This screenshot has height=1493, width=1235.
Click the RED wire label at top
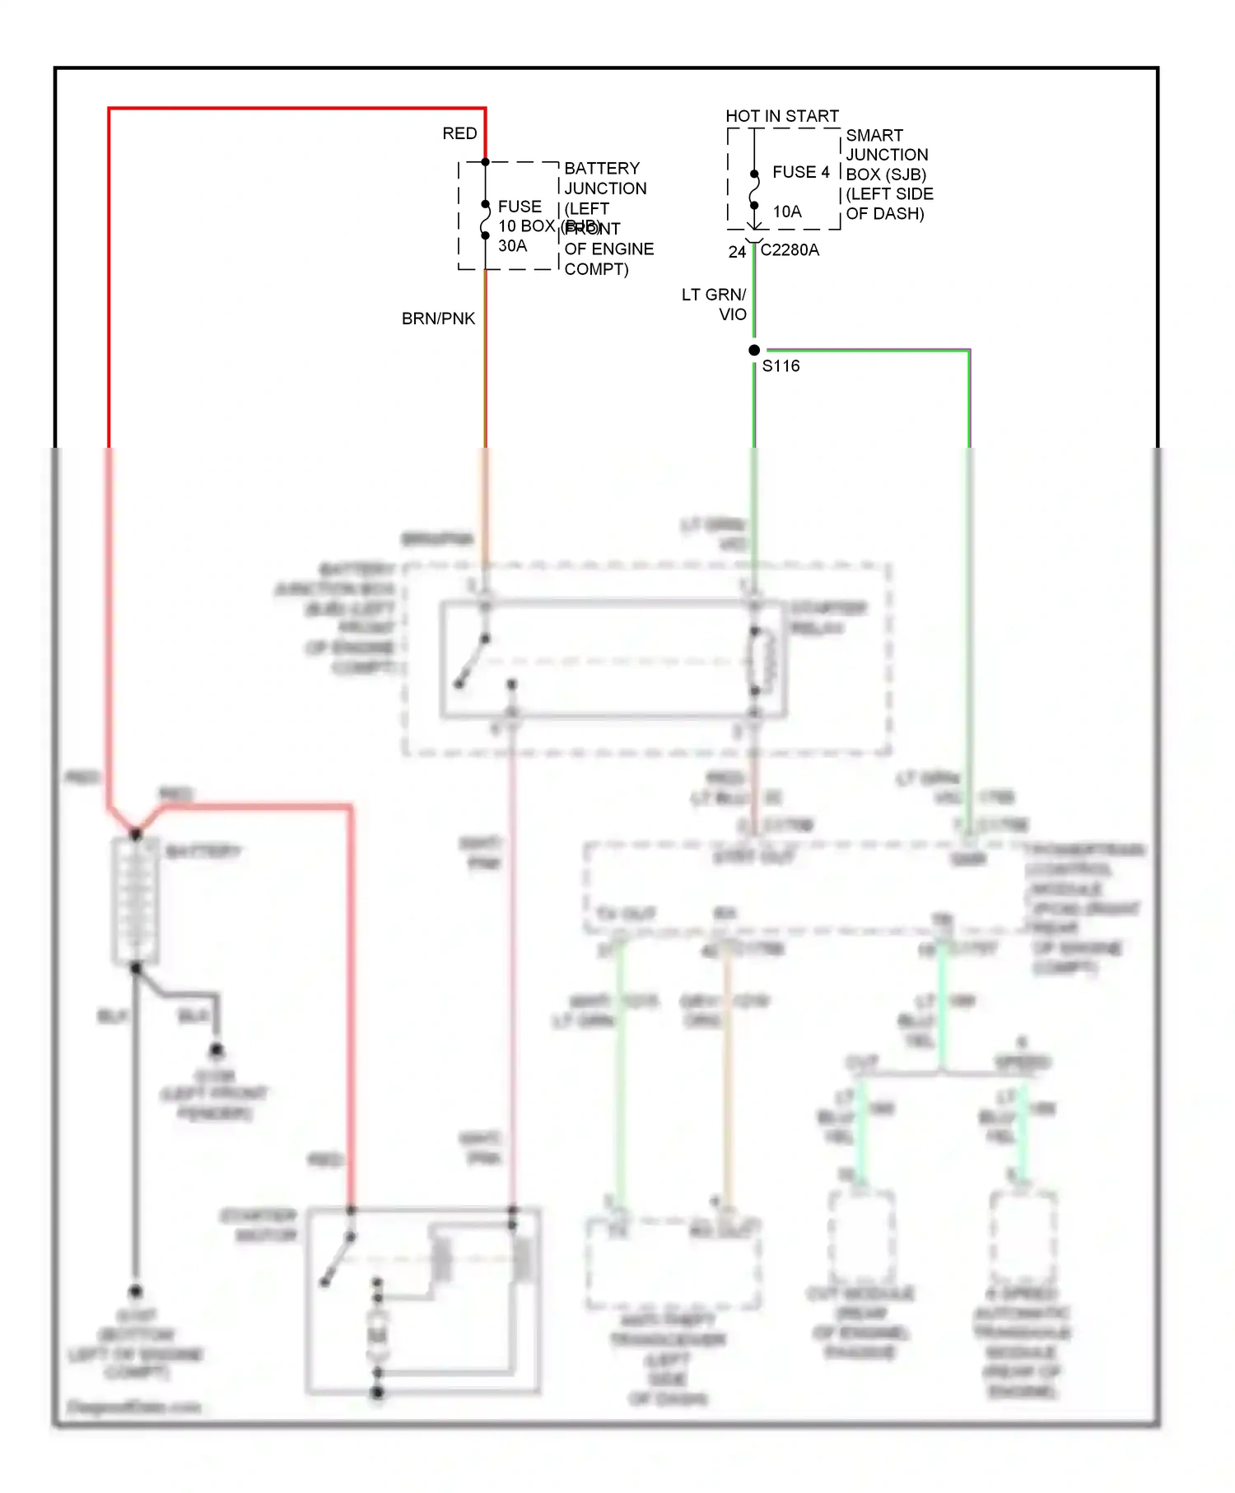pos(459,133)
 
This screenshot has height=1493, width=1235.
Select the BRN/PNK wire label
pos(438,319)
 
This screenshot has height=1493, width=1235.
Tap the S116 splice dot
pos(754,350)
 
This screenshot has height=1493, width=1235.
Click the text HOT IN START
pos(781,116)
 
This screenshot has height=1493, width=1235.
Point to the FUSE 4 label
pos(800,172)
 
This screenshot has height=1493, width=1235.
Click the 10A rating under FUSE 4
pos(786,212)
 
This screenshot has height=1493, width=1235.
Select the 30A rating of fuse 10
pos(512,246)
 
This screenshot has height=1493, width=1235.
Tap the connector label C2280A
pos(790,250)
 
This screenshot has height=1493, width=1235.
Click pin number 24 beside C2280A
pos(737,252)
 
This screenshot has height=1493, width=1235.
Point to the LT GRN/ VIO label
pos(715,305)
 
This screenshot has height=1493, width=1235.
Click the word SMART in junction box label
pos(874,135)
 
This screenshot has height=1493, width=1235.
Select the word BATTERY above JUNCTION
pos(602,168)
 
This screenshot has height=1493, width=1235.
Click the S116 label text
pos(781,366)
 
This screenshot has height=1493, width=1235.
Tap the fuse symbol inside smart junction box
pos(754,190)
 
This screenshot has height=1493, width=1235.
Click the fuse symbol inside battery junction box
pos(485,220)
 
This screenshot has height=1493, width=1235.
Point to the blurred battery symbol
pos(135,900)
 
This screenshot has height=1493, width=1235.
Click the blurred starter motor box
pos(423,1301)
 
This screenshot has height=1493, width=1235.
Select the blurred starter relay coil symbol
pos(761,660)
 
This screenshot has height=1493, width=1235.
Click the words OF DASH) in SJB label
pos(885,214)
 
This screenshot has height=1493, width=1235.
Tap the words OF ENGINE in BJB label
pos(609,249)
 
